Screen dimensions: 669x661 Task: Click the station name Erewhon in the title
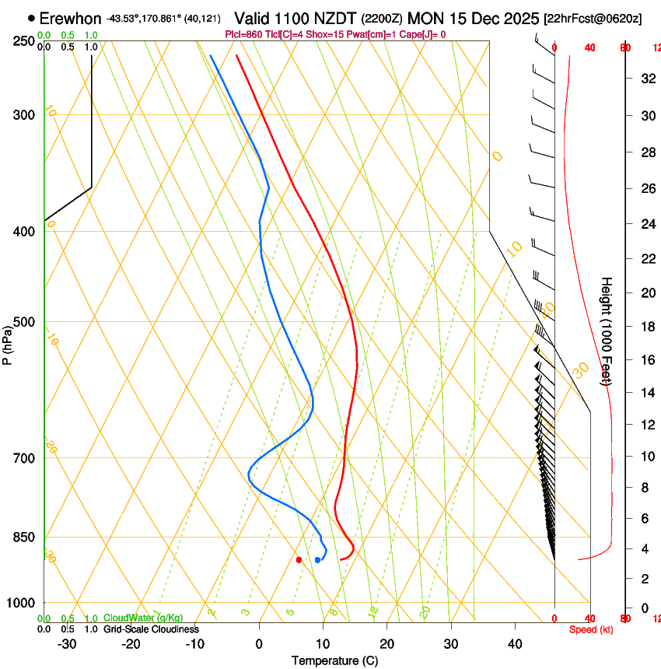(x=70, y=19)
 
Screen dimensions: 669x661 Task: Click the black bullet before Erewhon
(x=31, y=17)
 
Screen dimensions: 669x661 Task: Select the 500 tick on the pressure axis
(x=24, y=322)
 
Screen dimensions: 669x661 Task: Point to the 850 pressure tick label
(x=24, y=538)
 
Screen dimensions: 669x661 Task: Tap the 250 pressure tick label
(x=24, y=40)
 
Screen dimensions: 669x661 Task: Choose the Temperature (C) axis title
(x=334, y=660)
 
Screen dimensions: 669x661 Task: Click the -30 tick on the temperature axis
(x=67, y=644)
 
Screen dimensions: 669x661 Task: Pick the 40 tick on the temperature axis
(x=515, y=644)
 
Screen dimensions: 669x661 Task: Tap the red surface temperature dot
(x=299, y=559)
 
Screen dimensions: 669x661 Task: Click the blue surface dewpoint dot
(x=317, y=559)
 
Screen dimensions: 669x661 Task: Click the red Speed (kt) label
(x=591, y=629)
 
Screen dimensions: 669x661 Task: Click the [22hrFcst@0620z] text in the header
(x=593, y=19)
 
